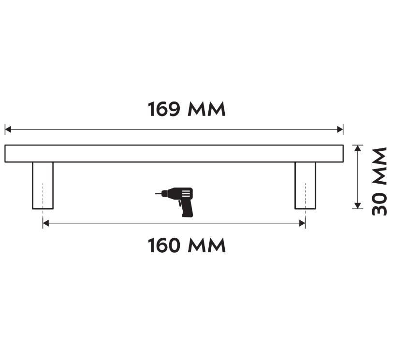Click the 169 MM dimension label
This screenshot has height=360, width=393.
(x=187, y=110)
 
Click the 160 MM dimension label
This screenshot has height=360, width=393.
(x=187, y=245)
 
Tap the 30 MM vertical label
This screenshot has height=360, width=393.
(x=379, y=181)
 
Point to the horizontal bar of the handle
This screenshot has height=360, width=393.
(x=174, y=153)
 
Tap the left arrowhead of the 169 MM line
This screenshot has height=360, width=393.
(x=8, y=130)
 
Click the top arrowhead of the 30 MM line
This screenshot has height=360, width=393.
(x=357, y=148)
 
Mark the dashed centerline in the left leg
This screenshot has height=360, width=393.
(x=43, y=196)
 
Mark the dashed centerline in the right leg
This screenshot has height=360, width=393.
(x=305, y=196)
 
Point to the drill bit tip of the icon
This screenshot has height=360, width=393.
(x=157, y=194)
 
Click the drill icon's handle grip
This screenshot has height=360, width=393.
(x=187, y=210)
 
